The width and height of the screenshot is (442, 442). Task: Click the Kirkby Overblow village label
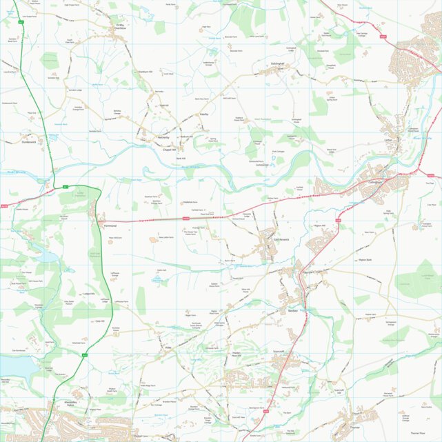point(121,27)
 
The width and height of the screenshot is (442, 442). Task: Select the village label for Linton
point(387,140)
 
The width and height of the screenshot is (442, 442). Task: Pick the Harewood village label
point(110,225)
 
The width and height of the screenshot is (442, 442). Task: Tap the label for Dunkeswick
point(28,142)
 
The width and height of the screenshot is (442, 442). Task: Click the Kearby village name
point(203,114)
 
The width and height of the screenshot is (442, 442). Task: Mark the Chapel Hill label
point(169,150)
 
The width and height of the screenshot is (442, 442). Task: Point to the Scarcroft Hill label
point(339,390)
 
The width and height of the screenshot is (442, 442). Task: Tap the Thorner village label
point(355,428)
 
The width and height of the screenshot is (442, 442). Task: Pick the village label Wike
point(168,348)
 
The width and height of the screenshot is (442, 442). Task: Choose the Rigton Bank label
point(365,259)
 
